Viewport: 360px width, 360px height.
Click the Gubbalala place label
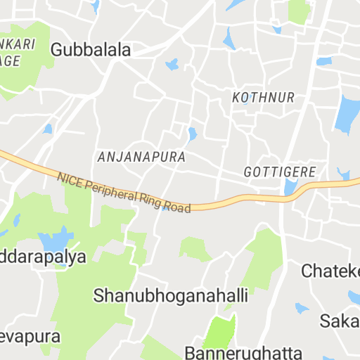tap(91, 50)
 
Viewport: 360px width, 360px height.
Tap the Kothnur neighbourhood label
tap(263, 98)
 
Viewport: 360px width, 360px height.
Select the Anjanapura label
tap(142, 157)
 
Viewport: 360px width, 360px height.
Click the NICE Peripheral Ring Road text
tap(124, 194)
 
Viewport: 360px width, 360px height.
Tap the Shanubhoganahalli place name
tap(170, 296)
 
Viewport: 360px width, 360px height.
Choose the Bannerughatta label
tap(243, 352)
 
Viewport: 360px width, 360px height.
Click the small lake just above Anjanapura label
tap(192, 133)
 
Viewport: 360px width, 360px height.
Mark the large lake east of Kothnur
tap(348, 115)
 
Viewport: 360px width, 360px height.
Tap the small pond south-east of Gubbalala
tap(172, 65)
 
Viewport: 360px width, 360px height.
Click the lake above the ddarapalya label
tap(57, 240)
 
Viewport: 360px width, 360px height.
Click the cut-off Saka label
tap(340, 321)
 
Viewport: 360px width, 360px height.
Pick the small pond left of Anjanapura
tap(48, 129)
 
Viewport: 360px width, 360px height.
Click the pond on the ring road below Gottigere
tap(290, 187)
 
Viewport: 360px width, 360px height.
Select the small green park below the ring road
tap(193, 248)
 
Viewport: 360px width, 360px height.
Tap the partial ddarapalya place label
tap(42, 256)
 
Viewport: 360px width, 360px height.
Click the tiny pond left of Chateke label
tap(301, 308)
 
